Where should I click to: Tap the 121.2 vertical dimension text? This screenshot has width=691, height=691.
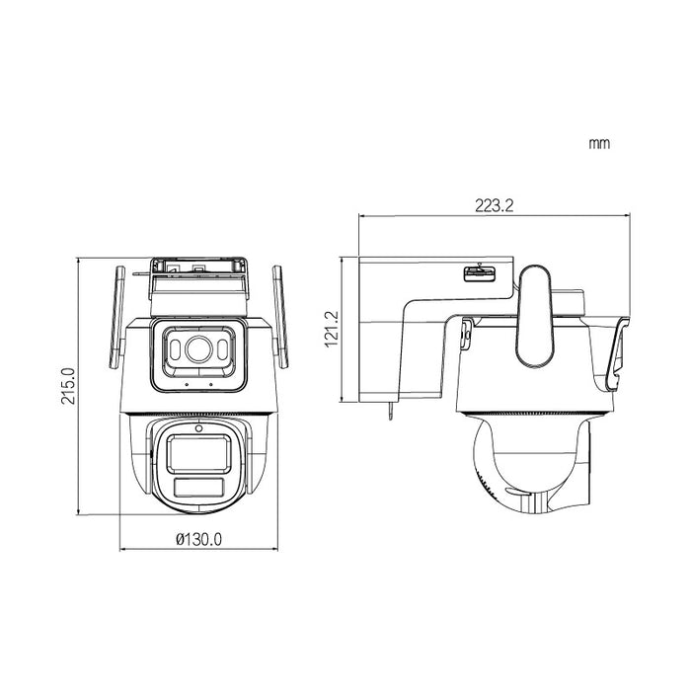tap(331, 329)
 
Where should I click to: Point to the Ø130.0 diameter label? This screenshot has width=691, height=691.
tap(197, 539)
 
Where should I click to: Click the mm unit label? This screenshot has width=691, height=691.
tap(598, 144)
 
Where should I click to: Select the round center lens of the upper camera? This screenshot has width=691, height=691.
tap(195, 348)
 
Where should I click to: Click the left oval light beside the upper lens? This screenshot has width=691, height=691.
tap(171, 349)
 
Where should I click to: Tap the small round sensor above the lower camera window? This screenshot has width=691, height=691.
tap(197, 427)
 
